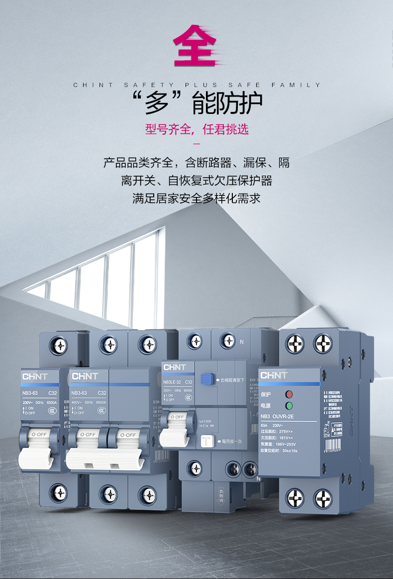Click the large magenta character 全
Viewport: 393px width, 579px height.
[x=195, y=47]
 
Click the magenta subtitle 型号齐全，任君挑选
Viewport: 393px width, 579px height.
[x=196, y=130]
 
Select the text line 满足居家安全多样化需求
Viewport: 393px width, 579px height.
[x=196, y=198]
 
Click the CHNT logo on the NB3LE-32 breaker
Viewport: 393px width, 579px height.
[x=174, y=367]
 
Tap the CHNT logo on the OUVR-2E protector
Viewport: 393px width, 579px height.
[x=274, y=375]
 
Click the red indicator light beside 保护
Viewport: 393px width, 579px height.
[x=289, y=394]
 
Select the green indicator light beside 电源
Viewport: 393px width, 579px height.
[x=289, y=406]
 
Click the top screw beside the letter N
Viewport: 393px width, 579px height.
[x=228, y=341]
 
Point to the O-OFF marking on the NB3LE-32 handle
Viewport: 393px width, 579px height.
[x=177, y=417]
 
